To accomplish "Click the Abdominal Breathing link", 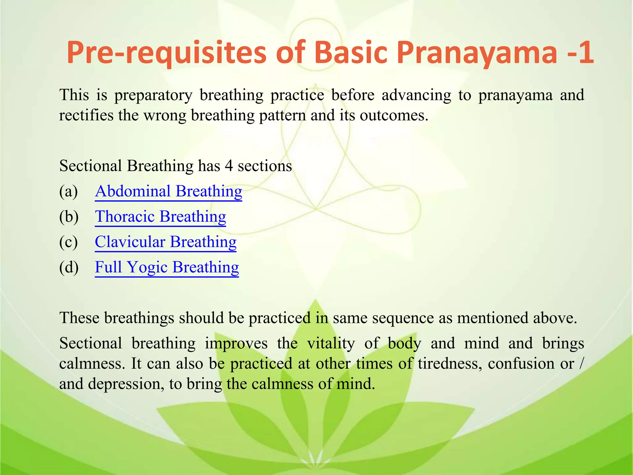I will (168, 191).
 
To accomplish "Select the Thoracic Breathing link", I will (160, 216).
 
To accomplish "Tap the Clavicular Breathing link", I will (165, 242).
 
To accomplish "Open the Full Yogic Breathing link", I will (167, 267).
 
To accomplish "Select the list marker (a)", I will (68, 191).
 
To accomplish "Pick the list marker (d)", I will (69, 267).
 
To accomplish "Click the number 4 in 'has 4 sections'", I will (228, 166).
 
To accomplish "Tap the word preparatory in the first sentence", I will (153, 95).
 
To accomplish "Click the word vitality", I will (331, 344).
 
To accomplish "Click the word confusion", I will (521, 364).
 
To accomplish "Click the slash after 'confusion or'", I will (581, 364).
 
